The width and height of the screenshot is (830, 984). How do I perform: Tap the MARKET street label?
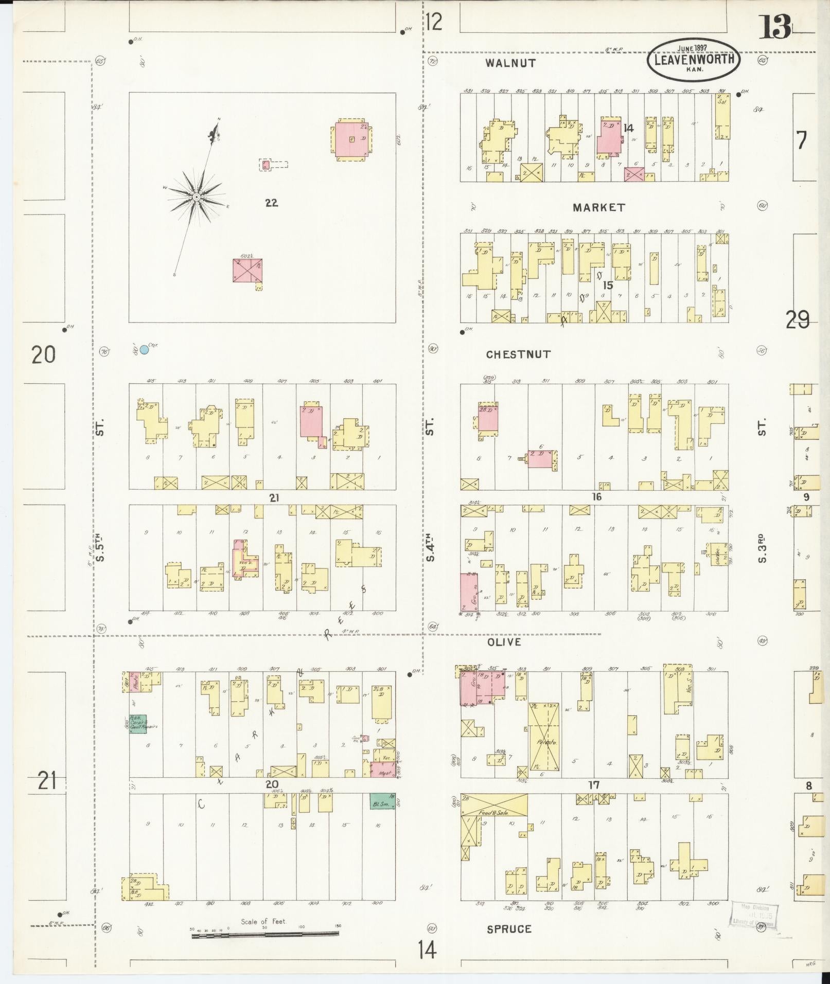click(x=598, y=207)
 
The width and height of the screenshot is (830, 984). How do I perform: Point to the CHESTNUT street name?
click(x=518, y=354)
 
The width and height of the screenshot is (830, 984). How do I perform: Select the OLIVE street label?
click(x=503, y=642)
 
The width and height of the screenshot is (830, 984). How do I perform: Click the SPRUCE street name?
click(x=509, y=929)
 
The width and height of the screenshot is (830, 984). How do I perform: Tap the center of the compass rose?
click(x=196, y=197)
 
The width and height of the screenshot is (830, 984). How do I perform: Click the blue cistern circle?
click(x=144, y=350)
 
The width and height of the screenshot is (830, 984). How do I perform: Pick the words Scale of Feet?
click(x=263, y=921)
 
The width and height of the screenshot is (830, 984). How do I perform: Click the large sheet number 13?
click(x=774, y=27)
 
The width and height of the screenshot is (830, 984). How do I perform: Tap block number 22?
click(x=271, y=203)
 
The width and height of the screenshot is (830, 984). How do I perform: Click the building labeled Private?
click(x=544, y=742)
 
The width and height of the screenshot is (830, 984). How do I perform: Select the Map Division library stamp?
click(x=754, y=915)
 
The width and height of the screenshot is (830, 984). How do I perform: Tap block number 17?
click(x=594, y=785)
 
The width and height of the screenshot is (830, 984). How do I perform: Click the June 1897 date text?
click(x=692, y=48)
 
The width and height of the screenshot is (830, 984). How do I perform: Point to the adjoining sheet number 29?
click(x=797, y=320)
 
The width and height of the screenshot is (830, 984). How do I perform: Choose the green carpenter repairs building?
click(x=137, y=724)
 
